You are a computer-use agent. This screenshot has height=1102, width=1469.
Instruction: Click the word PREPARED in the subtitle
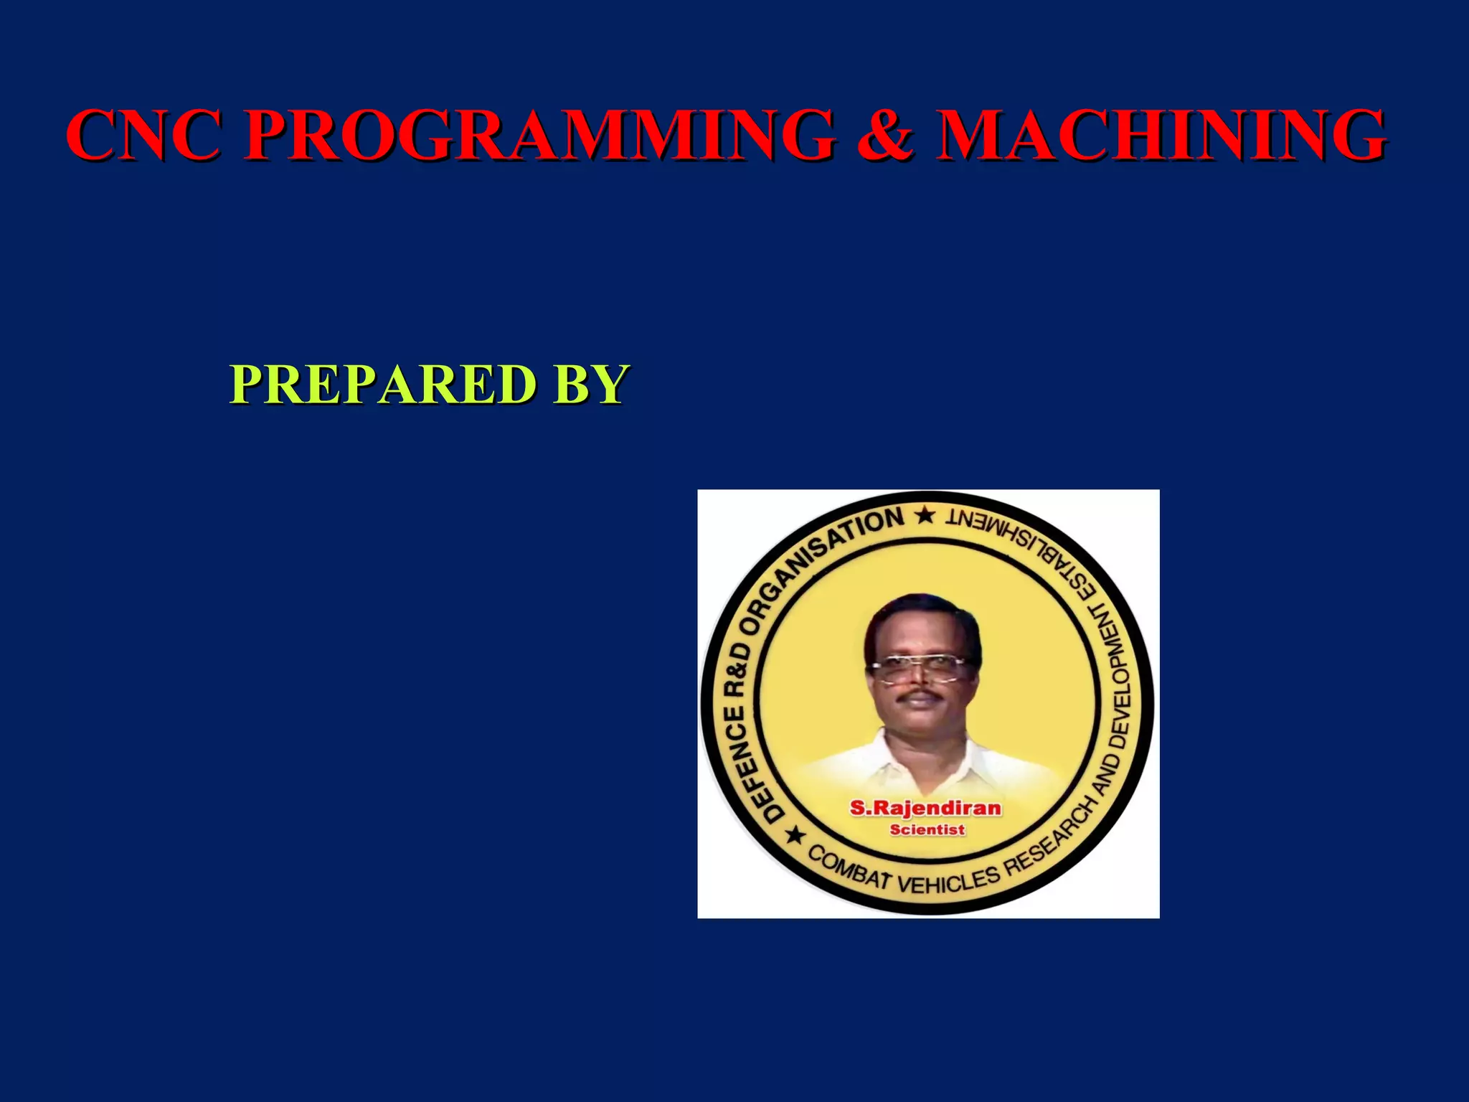point(383,385)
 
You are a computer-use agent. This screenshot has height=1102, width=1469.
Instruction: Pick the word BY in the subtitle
point(591,385)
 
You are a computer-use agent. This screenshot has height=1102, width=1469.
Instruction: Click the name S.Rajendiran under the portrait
point(925,809)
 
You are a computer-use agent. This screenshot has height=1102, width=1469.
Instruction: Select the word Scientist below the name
point(927,830)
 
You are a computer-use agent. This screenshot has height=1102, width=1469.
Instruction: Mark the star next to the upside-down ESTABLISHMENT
point(926,515)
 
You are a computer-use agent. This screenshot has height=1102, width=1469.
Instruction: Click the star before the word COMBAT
point(795,835)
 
